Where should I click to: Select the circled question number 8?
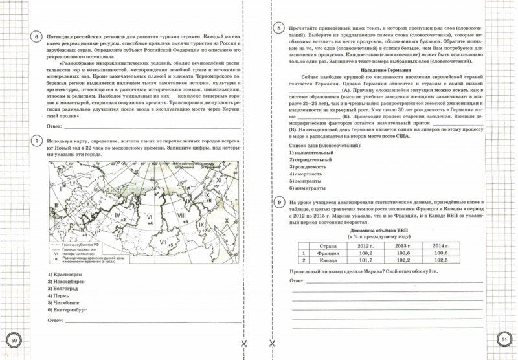(x=278, y=28)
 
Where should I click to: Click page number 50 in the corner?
(x=16, y=341)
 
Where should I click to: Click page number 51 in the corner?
(x=502, y=341)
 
